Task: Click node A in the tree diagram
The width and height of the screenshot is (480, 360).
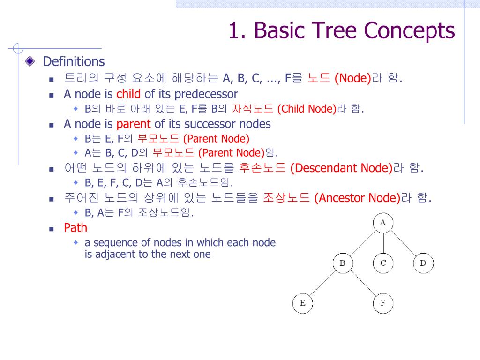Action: pos(383,223)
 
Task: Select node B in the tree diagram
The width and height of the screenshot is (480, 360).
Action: pos(342,263)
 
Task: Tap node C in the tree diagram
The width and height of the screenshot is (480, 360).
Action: pos(383,263)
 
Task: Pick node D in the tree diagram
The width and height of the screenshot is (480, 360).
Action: pos(423,263)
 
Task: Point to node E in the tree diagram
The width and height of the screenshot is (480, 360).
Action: pos(302,303)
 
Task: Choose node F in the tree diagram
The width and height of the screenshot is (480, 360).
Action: pos(383,303)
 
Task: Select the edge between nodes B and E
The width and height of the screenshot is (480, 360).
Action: pos(322,283)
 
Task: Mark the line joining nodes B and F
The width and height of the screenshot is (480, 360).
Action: pos(363,283)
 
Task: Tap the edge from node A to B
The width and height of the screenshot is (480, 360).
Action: pos(362,243)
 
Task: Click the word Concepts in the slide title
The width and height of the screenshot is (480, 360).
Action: pos(410,31)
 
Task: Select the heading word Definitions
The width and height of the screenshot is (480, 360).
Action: pos(74,61)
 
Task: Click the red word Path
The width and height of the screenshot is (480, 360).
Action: pos(75,228)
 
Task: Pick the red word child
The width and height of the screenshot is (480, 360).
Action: pos(128,94)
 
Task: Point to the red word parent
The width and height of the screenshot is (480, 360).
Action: pos(134,124)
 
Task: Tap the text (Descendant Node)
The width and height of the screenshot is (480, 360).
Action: pos(341,168)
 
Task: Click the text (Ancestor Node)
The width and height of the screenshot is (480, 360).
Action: pos(358,198)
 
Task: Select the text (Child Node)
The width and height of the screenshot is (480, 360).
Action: pos(307,109)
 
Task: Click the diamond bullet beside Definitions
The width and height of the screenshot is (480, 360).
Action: pos(30,61)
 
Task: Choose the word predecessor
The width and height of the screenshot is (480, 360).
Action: pos(206,94)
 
